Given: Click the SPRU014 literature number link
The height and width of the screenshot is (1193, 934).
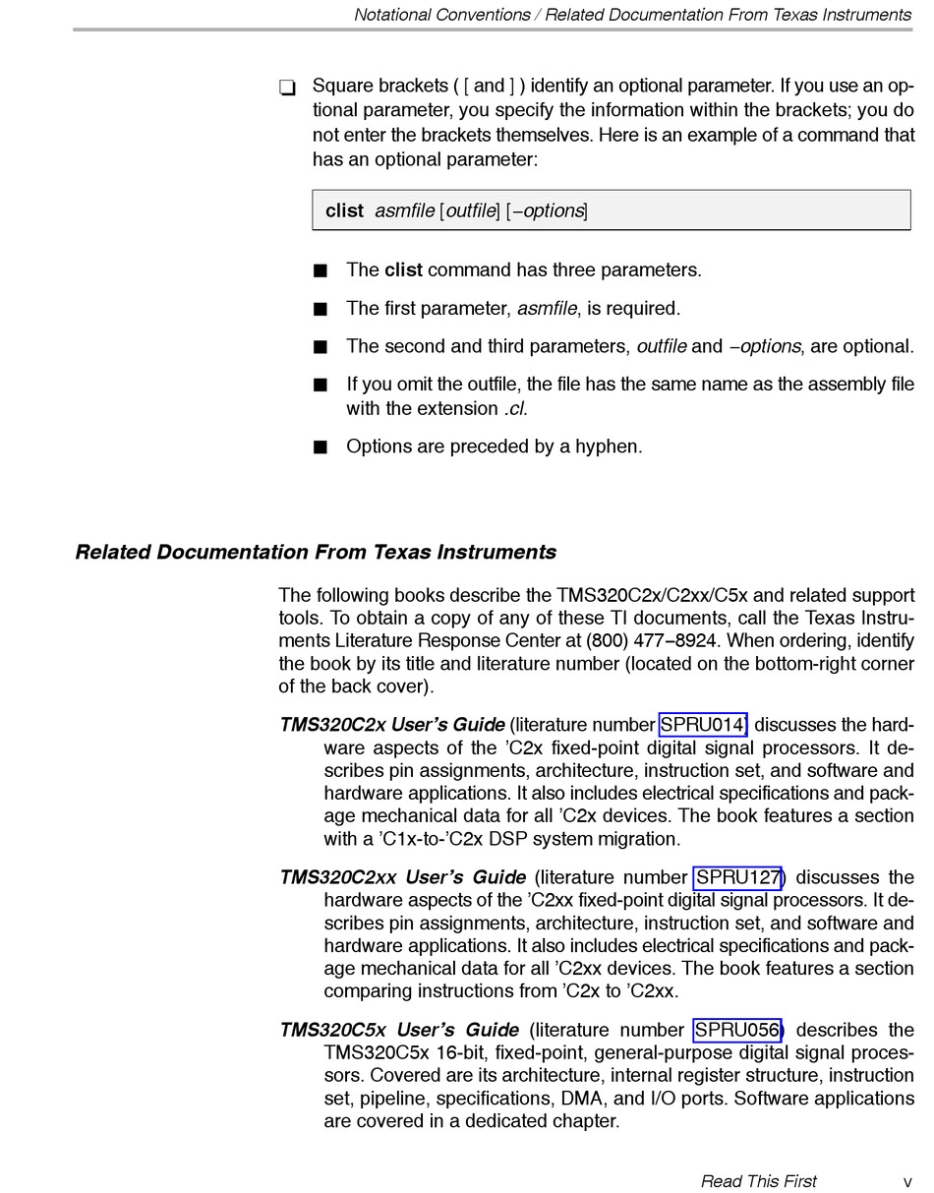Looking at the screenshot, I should (x=702, y=725).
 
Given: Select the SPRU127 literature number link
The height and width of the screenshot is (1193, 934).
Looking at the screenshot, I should (x=737, y=877).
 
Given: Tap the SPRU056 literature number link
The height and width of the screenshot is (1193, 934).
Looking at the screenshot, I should (x=736, y=1030).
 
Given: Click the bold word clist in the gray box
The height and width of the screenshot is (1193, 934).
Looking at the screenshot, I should (x=344, y=210).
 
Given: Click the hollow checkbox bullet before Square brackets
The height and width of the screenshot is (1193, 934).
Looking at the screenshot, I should (x=287, y=88).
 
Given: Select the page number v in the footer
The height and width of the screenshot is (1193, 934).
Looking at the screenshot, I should (x=907, y=1181).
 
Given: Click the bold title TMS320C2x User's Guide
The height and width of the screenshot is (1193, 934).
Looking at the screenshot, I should (x=391, y=725).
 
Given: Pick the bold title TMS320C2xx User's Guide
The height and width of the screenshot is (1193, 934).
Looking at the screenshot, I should (x=402, y=877).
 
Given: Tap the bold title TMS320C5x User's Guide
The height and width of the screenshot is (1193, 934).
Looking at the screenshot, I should (x=399, y=1030).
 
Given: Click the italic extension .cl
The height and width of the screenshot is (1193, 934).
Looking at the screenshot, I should (x=514, y=408).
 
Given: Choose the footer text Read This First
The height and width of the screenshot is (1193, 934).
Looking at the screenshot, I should (x=758, y=1181).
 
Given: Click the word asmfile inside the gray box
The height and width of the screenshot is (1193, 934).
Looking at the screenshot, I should (x=404, y=210).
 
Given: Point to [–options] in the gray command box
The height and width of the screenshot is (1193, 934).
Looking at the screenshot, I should (x=547, y=210).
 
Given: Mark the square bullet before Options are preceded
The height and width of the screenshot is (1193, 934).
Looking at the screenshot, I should (x=320, y=447).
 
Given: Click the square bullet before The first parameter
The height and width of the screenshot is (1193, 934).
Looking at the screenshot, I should (x=320, y=310).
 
